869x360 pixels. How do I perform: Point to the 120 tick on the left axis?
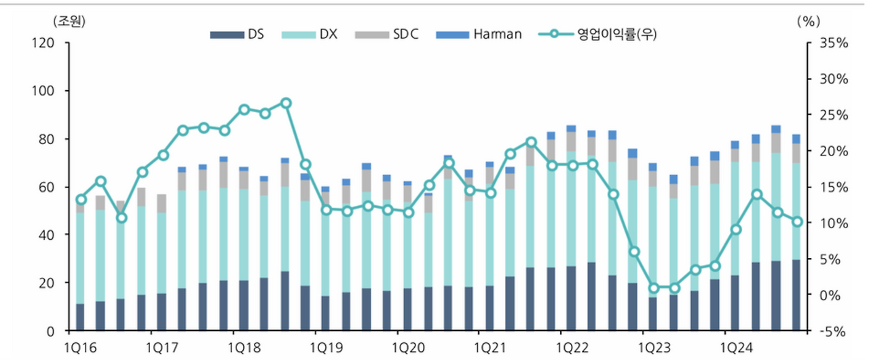coord(53,43)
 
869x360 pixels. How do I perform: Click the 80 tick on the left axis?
coord(56,139)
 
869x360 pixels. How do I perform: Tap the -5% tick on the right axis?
coord(831,331)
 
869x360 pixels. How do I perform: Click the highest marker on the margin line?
coord(286,103)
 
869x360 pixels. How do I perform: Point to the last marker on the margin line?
coord(797,221)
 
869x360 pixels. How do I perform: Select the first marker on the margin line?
coord(81,200)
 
